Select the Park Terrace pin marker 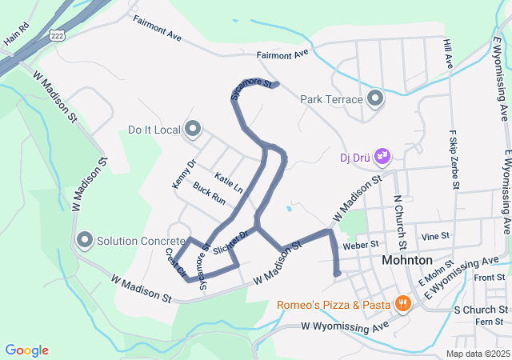(376, 99)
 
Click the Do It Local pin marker (193, 129)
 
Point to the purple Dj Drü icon (383, 154)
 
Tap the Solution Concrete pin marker (86, 240)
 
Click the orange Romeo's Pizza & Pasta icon (402, 304)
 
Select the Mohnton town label (407, 261)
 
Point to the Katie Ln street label (229, 182)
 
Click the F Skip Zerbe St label (454, 161)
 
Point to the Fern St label (486, 322)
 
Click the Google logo (27, 350)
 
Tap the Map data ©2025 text (477, 354)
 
